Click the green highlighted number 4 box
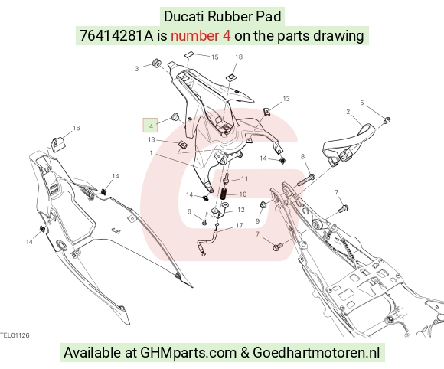tap(150, 126)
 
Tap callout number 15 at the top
tap(215, 57)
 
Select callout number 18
tap(239, 57)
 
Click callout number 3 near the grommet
tap(137, 69)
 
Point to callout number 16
tap(77, 128)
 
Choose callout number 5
tap(362, 103)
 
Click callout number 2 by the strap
tap(348, 112)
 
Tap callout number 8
tap(302, 156)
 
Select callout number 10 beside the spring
tap(243, 194)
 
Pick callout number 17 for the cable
tap(240, 225)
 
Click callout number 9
tap(258, 221)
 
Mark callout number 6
tap(189, 211)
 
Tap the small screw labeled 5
tap(387, 120)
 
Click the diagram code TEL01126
tap(15, 335)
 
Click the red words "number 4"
tap(201, 36)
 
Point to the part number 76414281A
tap(116, 36)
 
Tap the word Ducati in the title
tap(184, 16)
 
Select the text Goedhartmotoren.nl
tap(316, 353)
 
